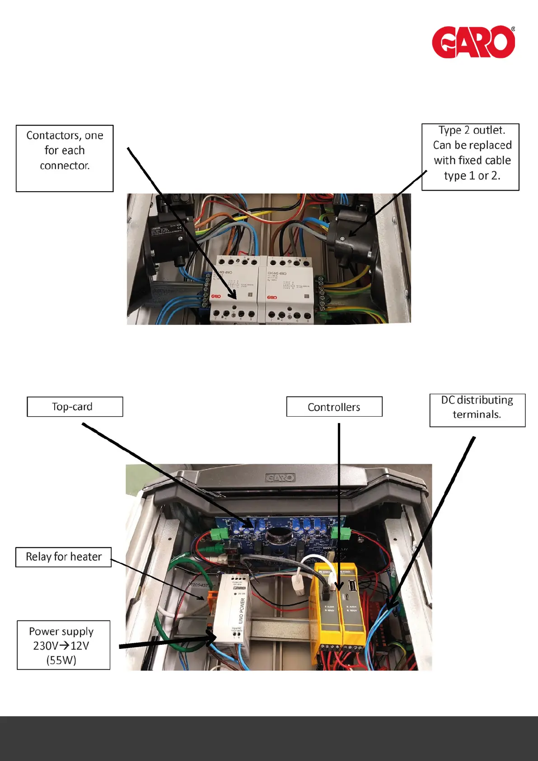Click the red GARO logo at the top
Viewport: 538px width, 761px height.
473,42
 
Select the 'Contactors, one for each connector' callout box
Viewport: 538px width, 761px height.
65,158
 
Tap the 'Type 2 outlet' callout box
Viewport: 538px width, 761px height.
470,157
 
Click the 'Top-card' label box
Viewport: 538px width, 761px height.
75,407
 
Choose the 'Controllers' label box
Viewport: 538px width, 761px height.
334,407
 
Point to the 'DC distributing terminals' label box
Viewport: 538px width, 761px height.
477,410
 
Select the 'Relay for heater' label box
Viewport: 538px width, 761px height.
64,557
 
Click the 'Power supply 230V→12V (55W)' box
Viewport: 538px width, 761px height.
63,645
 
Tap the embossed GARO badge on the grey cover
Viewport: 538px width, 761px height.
280,478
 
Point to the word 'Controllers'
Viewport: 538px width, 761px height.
334,407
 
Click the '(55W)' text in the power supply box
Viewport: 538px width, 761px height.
61,660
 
